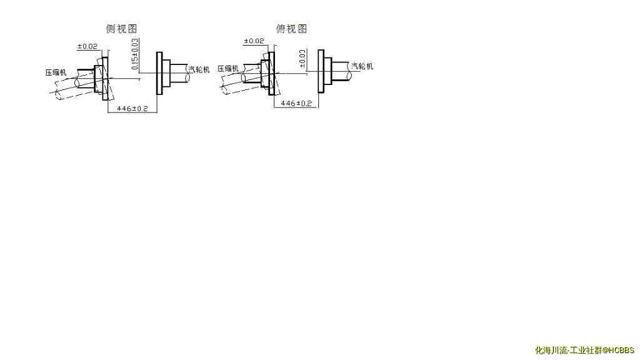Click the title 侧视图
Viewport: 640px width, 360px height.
[121, 29]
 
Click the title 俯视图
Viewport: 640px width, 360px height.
[292, 29]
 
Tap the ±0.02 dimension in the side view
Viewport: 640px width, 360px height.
[87, 47]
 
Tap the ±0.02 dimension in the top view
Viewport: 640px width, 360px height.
[253, 41]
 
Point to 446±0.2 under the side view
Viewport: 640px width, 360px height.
[132, 109]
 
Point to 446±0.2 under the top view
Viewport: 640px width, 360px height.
[296, 103]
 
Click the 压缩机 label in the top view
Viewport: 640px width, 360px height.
[228, 69]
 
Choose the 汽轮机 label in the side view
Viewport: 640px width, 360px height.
[199, 69]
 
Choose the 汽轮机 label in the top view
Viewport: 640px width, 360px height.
[362, 66]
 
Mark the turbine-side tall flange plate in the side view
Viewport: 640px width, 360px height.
[159, 73]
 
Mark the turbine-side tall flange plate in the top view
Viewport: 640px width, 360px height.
[321, 71]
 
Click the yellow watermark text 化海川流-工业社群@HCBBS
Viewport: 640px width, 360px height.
[584, 351]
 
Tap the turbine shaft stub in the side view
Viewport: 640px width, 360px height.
[179, 73]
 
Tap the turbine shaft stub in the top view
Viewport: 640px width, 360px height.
[341, 71]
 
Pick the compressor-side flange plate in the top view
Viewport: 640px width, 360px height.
[271, 72]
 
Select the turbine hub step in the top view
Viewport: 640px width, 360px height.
[327, 71]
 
